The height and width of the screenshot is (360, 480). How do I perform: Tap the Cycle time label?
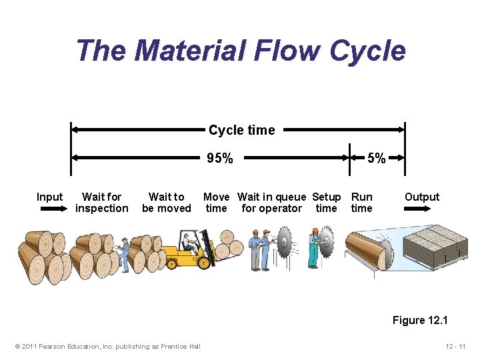click(241, 130)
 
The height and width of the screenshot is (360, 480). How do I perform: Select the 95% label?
click(220, 159)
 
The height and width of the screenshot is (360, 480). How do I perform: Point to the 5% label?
click(377, 159)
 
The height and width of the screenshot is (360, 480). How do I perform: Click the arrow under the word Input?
click(49, 209)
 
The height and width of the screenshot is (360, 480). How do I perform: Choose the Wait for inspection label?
click(101, 203)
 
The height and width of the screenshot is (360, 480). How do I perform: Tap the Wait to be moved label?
click(166, 203)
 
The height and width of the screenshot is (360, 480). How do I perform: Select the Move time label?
click(216, 203)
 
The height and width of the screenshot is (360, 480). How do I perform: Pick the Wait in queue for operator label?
click(271, 203)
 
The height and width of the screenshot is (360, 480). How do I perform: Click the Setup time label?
click(326, 203)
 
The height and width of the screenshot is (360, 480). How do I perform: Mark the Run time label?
click(361, 203)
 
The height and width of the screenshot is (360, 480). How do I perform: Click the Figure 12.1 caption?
click(420, 321)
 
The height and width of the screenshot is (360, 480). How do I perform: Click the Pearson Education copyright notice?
click(107, 346)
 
